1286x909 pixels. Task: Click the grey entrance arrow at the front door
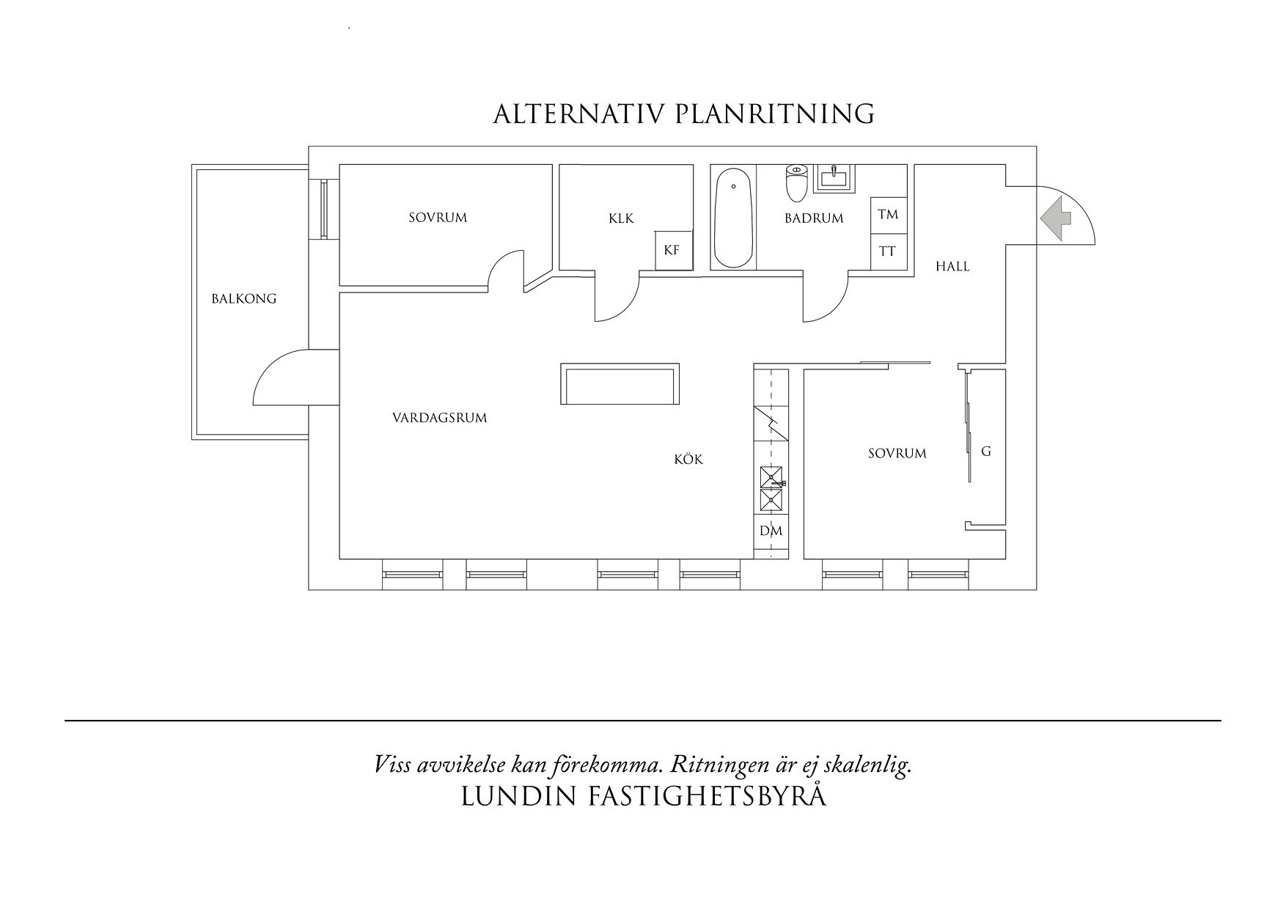point(1054,217)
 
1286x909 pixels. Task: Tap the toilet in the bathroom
point(796,183)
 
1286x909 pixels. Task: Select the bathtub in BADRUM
point(733,218)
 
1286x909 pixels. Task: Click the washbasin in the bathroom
point(836,178)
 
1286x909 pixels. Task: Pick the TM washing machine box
point(889,215)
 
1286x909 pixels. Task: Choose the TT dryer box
point(889,251)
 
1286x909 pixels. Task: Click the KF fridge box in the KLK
point(672,250)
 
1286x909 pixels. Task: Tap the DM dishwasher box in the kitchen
point(771,531)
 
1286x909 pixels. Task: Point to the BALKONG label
point(244,299)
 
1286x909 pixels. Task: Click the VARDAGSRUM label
point(439,419)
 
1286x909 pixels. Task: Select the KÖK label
point(688,460)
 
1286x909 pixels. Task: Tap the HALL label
point(952,267)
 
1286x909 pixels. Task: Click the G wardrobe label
point(986,452)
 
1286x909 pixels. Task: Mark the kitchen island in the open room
point(619,384)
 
